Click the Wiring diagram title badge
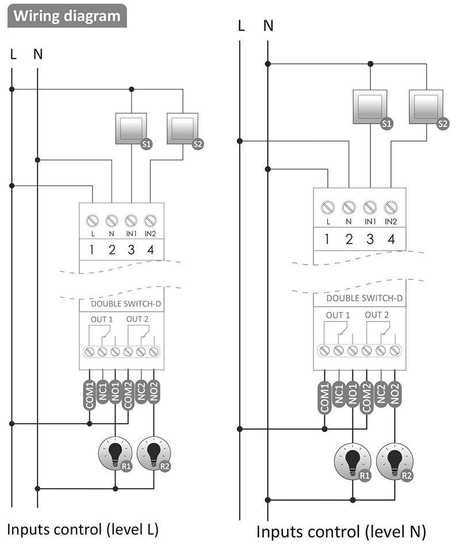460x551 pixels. (x=67, y=16)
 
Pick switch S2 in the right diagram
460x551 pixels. (x=426, y=106)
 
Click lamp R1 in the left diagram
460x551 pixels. (x=115, y=452)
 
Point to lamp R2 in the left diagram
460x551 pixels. (x=154, y=452)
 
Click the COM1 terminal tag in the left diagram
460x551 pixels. (x=90, y=395)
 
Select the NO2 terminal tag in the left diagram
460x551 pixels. (x=154, y=392)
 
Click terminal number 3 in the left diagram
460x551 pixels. (x=131, y=250)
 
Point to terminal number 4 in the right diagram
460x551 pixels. (x=391, y=240)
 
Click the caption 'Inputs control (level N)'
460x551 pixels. (x=341, y=532)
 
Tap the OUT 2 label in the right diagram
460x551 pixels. (x=377, y=315)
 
